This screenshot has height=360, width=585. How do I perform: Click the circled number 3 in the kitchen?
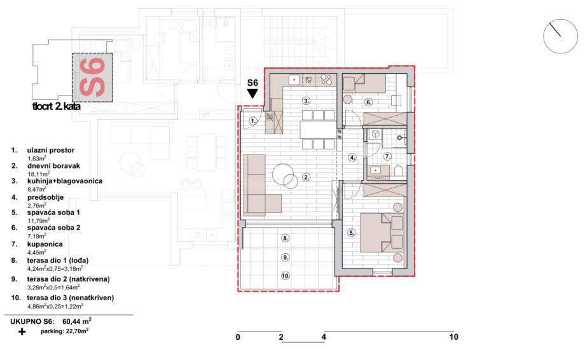coord(306,100)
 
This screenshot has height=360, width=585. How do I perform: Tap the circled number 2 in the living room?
coord(306,177)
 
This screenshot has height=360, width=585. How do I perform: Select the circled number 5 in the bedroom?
coord(352,233)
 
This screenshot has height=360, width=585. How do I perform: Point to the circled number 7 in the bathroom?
coord(388,156)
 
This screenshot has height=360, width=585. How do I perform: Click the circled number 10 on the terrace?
coord(286,276)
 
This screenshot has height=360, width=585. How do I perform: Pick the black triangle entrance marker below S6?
coord(252,93)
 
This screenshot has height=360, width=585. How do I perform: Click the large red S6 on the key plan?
coord(92,77)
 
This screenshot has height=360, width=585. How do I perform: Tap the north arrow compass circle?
coord(560,36)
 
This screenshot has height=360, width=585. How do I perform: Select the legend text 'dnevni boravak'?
coord(53,166)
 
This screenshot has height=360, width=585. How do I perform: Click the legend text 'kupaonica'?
coord(45,244)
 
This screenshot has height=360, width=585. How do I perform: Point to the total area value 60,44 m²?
coord(77,321)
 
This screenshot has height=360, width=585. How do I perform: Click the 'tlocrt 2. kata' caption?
coord(57,106)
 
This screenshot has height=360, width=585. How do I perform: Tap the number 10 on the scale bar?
coord(453,337)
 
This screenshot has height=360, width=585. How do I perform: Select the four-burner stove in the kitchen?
coord(326,80)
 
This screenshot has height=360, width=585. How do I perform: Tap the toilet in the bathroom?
coord(398,171)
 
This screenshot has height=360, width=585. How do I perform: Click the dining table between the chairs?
coord(318,130)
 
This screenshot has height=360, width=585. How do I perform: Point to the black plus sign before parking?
coord(22,331)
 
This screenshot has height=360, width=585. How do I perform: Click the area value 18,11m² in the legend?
coord(39,174)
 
